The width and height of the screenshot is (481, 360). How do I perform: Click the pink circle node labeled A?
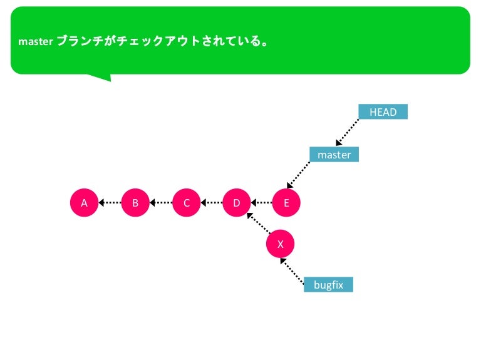(84, 202)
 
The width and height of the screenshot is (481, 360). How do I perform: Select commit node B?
(135, 202)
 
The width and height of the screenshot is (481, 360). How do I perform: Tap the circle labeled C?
(186, 202)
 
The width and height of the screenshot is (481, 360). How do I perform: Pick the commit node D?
(237, 202)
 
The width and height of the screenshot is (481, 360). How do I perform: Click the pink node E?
(286, 202)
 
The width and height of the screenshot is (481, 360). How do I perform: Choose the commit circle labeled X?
(280, 244)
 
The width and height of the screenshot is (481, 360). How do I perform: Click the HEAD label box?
(383, 112)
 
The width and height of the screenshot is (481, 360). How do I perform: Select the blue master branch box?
(334, 154)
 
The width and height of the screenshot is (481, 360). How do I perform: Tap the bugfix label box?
(328, 285)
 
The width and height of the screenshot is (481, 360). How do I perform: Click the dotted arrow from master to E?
(299, 175)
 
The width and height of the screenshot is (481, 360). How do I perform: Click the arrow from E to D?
(262, 202)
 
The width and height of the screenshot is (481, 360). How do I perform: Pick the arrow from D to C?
(212, 202)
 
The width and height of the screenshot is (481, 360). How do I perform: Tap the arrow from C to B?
(161, 202)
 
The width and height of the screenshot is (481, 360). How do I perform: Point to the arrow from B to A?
(110, 202)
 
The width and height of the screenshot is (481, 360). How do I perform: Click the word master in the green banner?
(35, 42)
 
